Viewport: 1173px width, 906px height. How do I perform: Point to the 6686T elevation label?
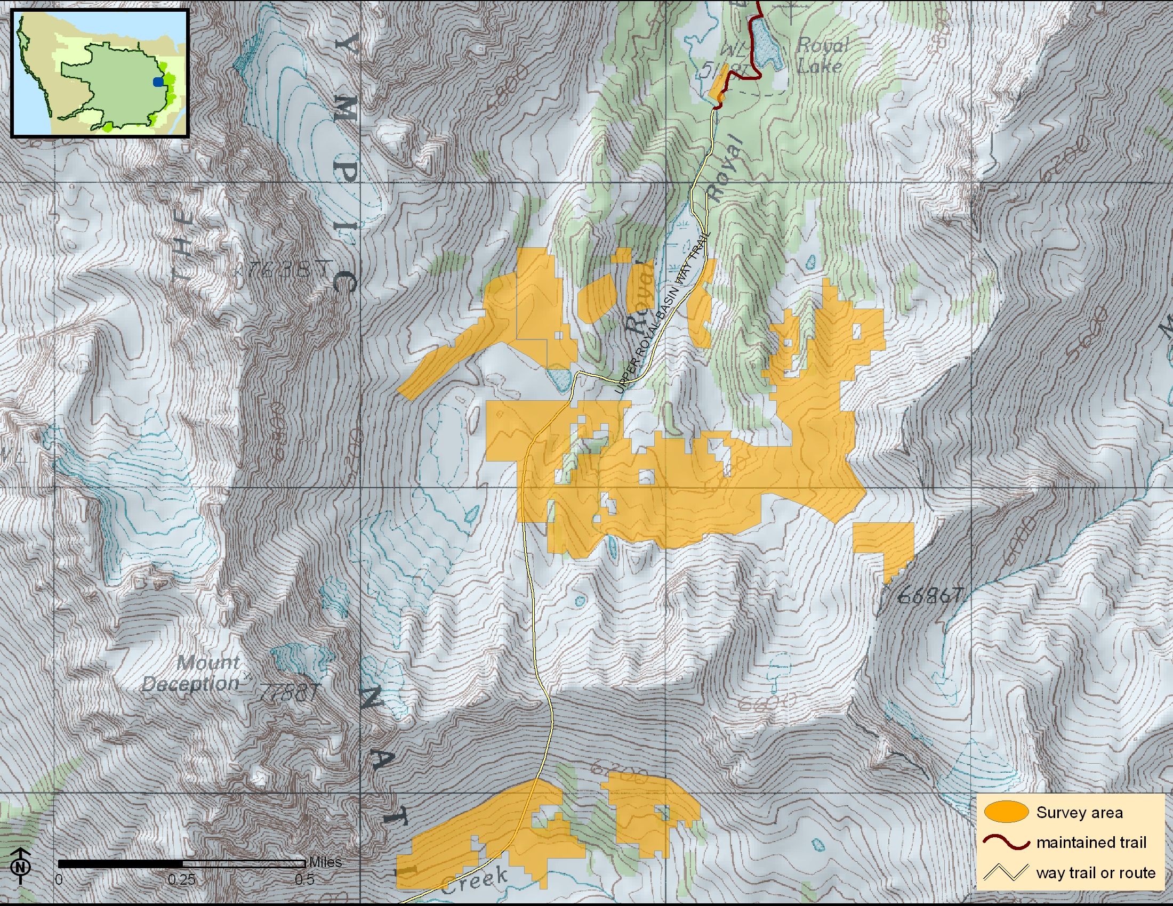[930, 595]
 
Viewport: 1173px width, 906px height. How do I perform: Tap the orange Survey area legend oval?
[1006, 812]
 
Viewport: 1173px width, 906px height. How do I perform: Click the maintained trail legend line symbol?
[1006, 842]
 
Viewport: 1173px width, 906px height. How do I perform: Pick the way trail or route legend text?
[1096, 873]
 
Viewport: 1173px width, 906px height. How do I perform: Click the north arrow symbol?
[20, 865]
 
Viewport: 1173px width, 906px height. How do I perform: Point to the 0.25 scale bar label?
[181, 880]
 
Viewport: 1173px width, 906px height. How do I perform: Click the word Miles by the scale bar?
[325, 862]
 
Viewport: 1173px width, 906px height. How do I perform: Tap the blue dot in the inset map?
[158, 82]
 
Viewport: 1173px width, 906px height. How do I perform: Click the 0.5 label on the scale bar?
[304, 880]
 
